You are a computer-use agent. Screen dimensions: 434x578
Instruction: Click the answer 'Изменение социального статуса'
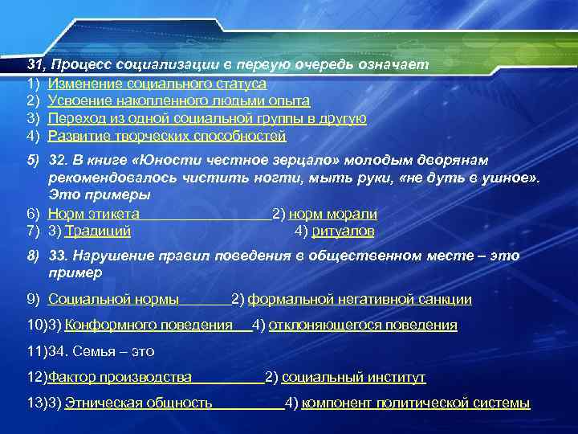click(157, 83)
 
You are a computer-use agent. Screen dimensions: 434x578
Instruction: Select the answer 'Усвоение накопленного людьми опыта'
click(178, 100)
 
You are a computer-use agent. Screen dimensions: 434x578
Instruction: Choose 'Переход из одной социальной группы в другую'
click(207, 118)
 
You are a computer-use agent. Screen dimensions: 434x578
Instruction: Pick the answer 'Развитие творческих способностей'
click(166, 136)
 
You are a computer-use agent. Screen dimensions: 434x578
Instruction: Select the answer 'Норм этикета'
click(94, 214)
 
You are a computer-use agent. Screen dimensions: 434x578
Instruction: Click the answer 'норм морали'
click(332, 214)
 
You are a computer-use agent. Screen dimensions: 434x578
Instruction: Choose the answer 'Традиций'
click(98, 231)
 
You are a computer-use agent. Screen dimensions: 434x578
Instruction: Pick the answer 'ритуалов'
click(343, 231)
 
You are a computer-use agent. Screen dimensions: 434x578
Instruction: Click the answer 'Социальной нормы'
click(113, 300)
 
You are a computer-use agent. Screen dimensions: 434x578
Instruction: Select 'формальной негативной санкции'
click(360, 300)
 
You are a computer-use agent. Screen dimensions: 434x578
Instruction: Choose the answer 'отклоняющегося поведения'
click(363, 325)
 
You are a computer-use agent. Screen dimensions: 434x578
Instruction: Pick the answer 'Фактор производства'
click(120, 377)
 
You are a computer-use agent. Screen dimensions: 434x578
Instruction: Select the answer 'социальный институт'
click(353, 377)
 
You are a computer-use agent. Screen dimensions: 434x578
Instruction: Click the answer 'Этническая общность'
click(138, 403)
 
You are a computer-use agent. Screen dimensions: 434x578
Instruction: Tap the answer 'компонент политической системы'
click(416, 403)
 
